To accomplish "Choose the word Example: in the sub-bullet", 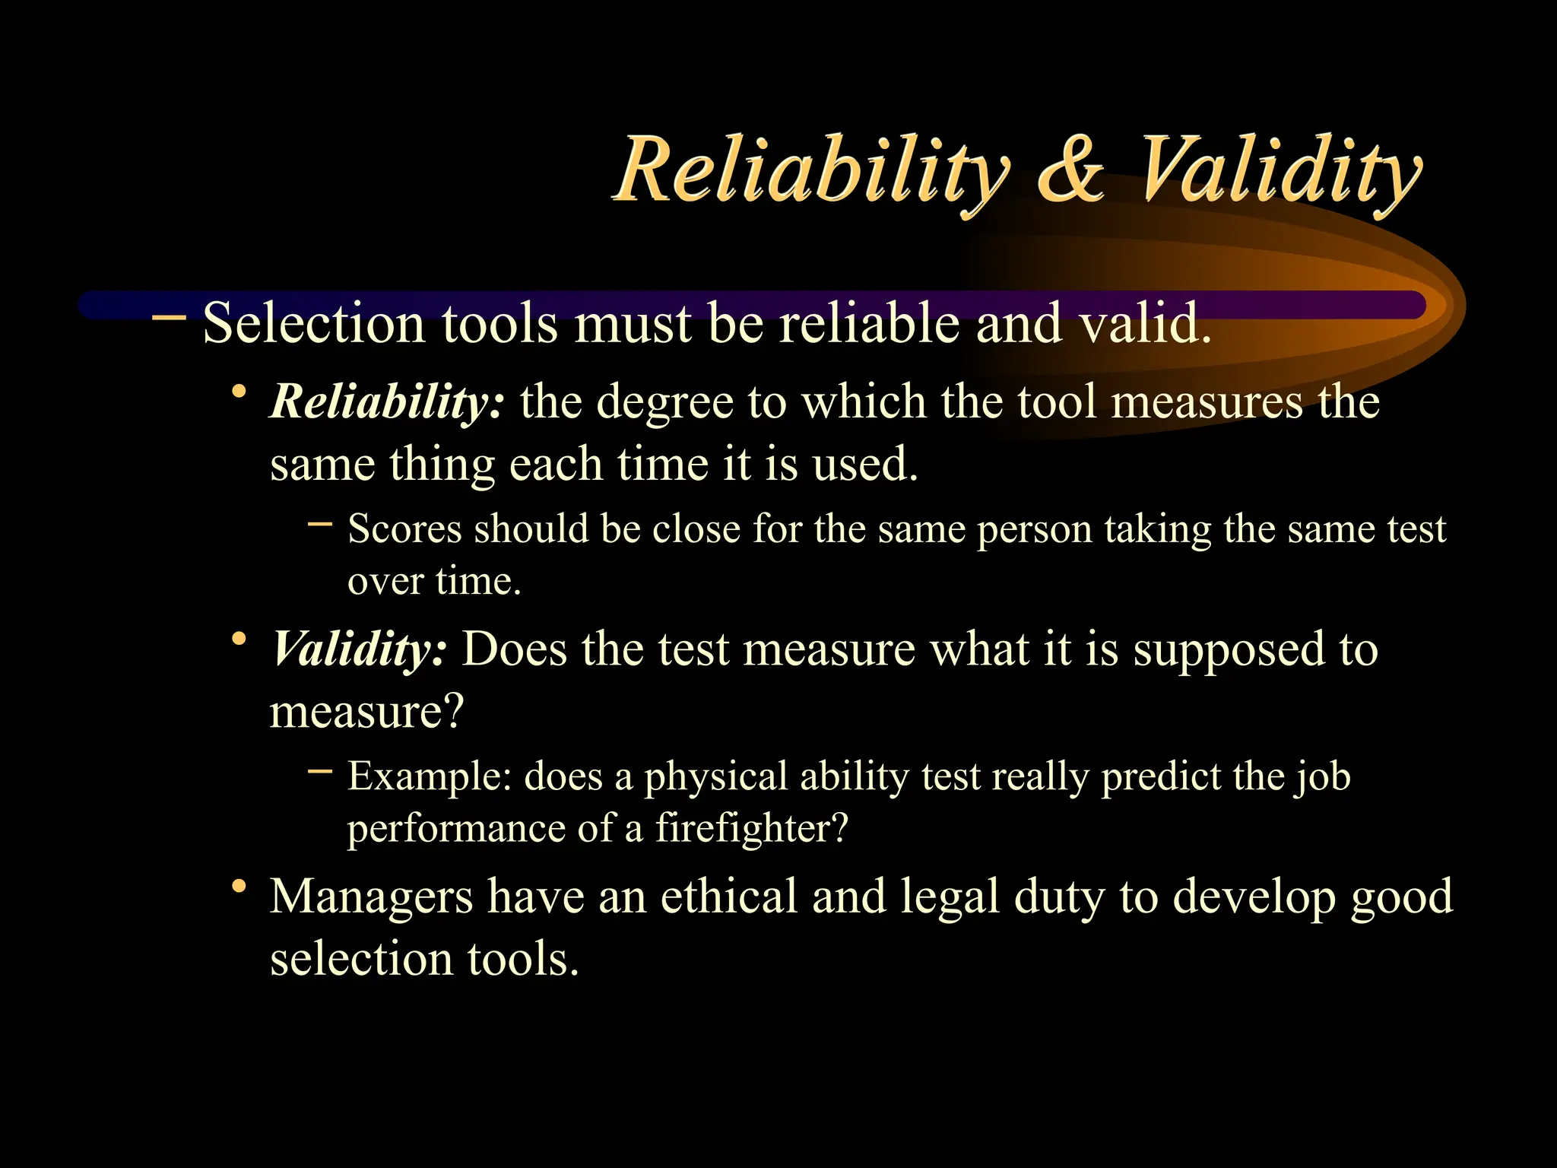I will pyautogui.click(x=430, y=777).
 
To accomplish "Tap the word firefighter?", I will pyautogui.click(x=751, y=828).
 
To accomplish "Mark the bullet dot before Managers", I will pyautogui.click(x=239, y=886).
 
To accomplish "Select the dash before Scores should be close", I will pyautogui.click(x=320, y=523).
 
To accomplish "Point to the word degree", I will pyautogui.click(x=664, y=402).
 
